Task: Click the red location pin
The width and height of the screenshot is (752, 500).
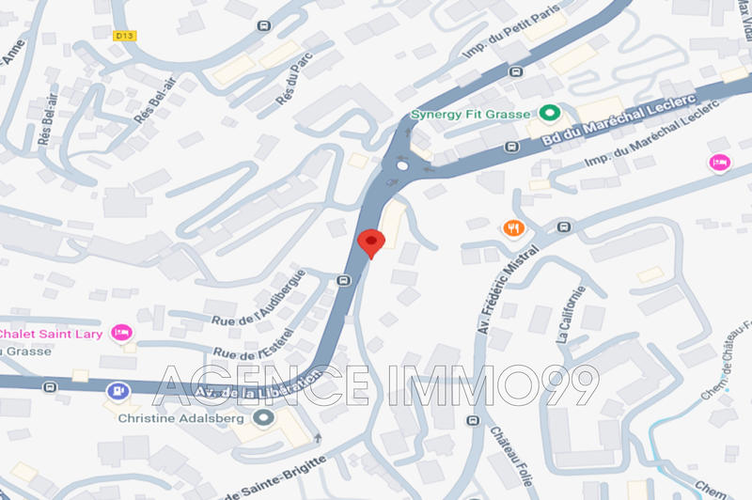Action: pyautogui.click(x=371, y=242)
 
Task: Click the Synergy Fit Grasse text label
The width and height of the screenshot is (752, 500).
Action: pyautogui.click(x=471, y=116)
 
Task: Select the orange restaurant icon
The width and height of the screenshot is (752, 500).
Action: pyautogui.click(x=512, y=227)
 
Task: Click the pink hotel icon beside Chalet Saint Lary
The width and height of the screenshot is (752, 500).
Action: pyautogui.click(x=120, y=332)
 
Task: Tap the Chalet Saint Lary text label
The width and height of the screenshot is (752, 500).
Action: pyautogui.click(x=53, y=334)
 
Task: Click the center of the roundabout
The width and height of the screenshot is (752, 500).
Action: pyautogui.click(x=403, y=165)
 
